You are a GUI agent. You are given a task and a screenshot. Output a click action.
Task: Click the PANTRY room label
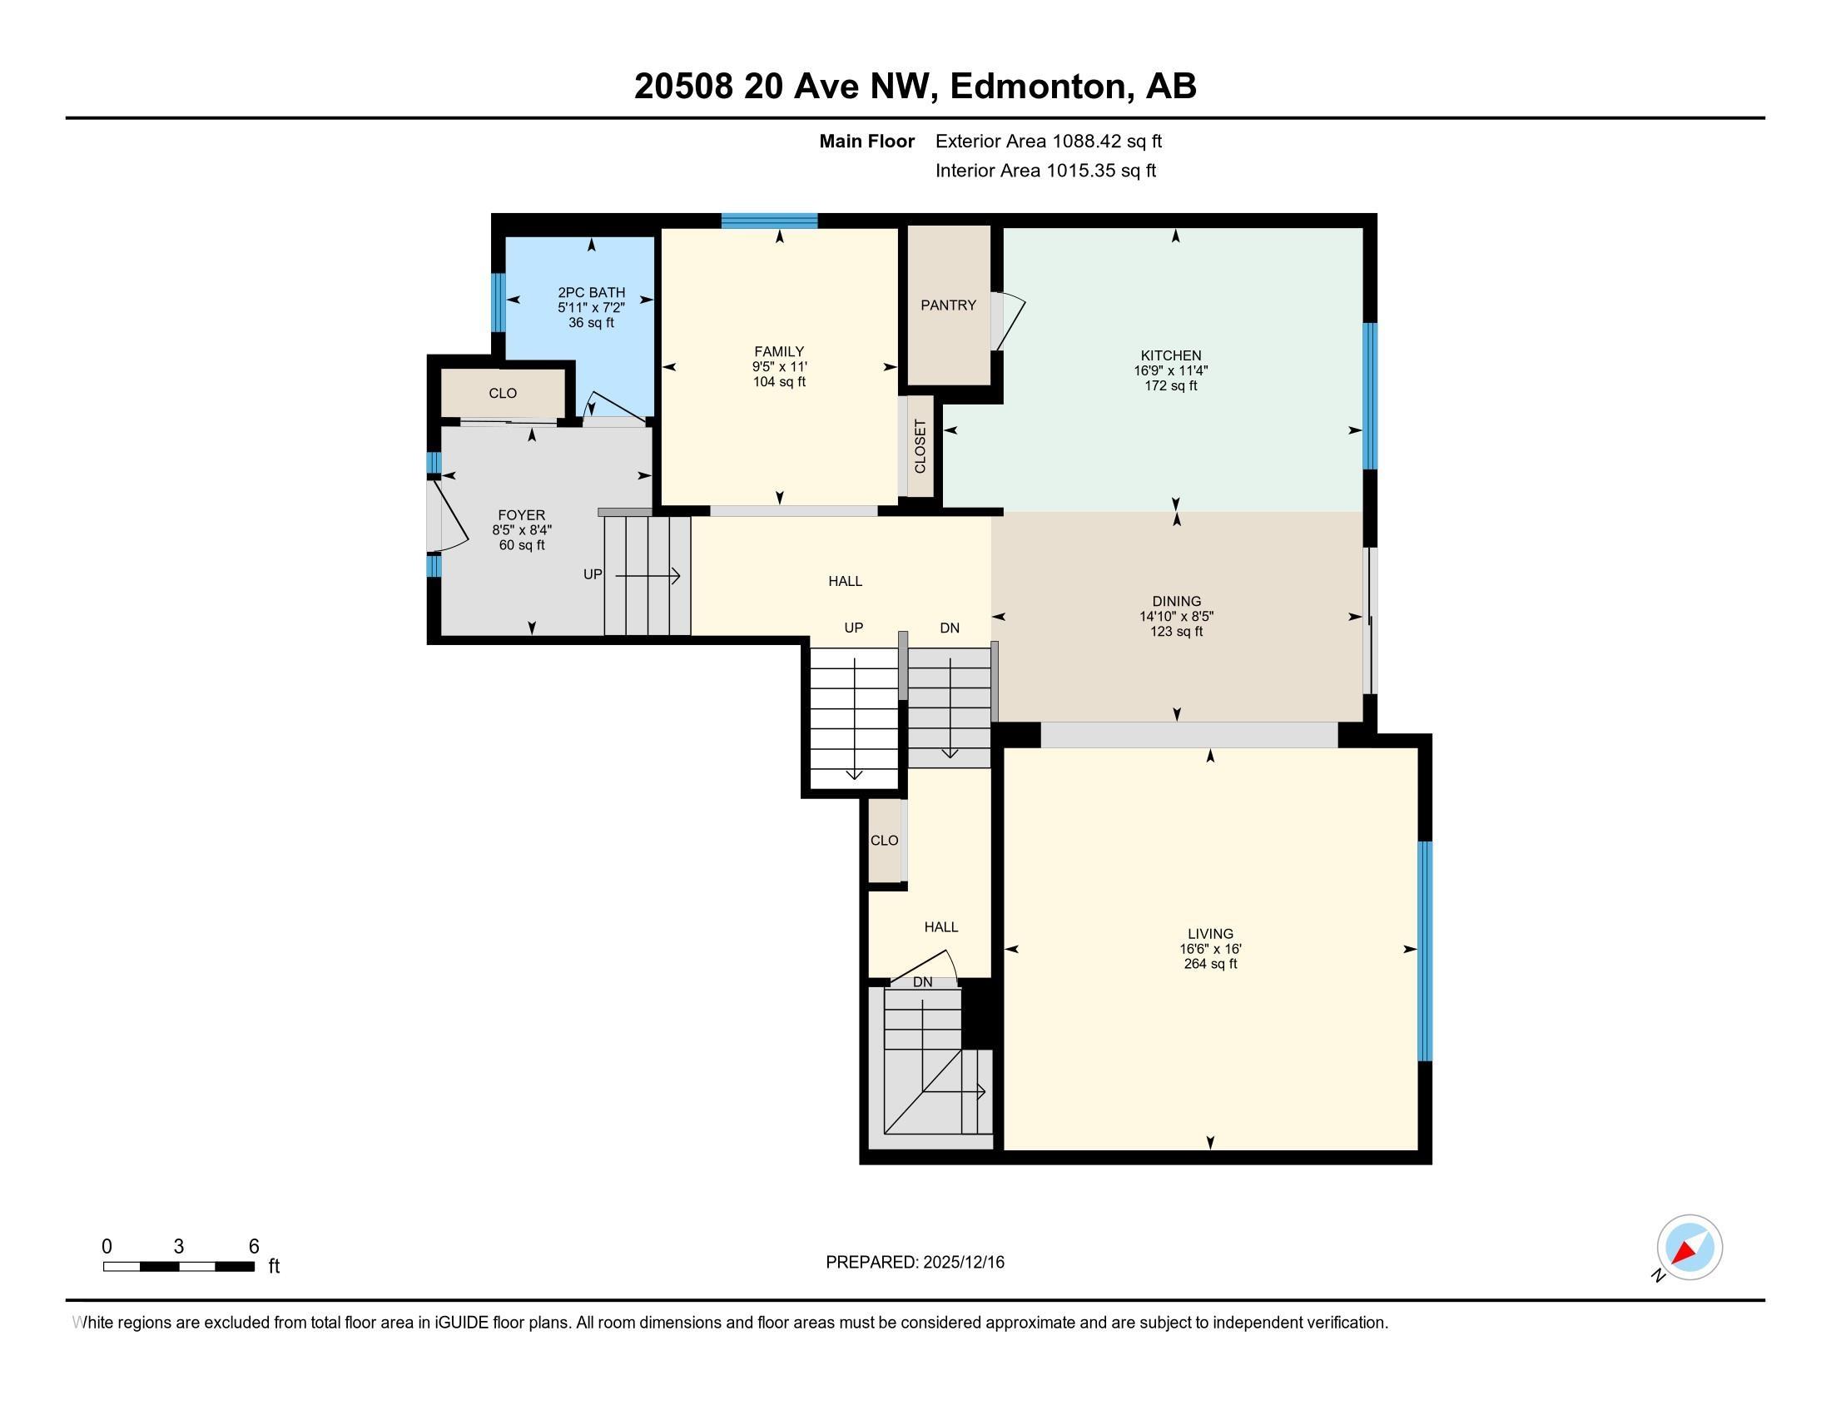pos(948,305)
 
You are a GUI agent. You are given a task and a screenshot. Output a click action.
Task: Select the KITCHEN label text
pos(1171,355)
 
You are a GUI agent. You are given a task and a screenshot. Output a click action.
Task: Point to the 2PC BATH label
pos(592,292)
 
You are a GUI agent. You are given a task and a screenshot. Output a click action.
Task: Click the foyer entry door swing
pos(448,515)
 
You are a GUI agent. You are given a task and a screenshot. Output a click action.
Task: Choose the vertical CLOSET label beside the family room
pos(920,446)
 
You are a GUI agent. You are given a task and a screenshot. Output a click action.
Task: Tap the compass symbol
pos(1690,1248)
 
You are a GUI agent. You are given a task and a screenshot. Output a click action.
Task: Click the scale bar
pos(179,1267)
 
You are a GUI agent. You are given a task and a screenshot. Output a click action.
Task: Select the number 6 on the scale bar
pos(254,1247)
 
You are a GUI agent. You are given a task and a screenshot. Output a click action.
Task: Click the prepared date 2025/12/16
pos(963,1263)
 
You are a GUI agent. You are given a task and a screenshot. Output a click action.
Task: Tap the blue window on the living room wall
pos(1425,951)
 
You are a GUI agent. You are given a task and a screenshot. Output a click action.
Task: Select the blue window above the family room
pos(770,221)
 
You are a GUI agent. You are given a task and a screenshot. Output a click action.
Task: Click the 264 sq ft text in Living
pos(1211,964)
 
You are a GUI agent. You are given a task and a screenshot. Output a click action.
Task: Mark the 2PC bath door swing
pos(618,406)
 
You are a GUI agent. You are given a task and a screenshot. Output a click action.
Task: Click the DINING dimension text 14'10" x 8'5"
pos(1176,616)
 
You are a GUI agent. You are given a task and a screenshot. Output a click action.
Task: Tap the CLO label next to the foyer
pos(503,394)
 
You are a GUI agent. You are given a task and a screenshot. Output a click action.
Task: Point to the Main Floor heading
pos(867,141)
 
